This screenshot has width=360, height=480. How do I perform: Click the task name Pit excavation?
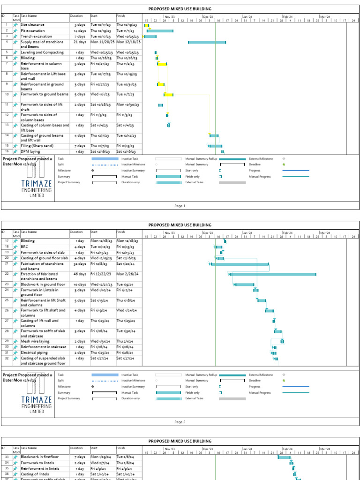pyautogui.click(x=33, y=30)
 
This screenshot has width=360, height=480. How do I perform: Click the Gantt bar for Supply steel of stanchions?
pyautogui.click(x=207, y=42)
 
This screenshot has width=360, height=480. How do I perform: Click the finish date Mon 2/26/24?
pyautogui.click(x=127, y=274)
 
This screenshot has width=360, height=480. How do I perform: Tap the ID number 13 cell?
pyautogui.click(x=7, y=125)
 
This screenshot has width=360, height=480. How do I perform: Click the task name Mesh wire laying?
pyautogui.click(x=35, y=342)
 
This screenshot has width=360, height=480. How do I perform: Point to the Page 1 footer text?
pyautogui.click(x=180, y=206)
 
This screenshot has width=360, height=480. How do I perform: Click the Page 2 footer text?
pyautogui.click(x=180, y=422)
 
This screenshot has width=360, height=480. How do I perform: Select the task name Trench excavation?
pyautogui.click(x=36, y=36)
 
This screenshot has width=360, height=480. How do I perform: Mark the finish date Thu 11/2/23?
pyautogui.click(x=126, y=63)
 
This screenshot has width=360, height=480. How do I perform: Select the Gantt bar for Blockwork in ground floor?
pyautogui.click(x=244, y=285)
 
